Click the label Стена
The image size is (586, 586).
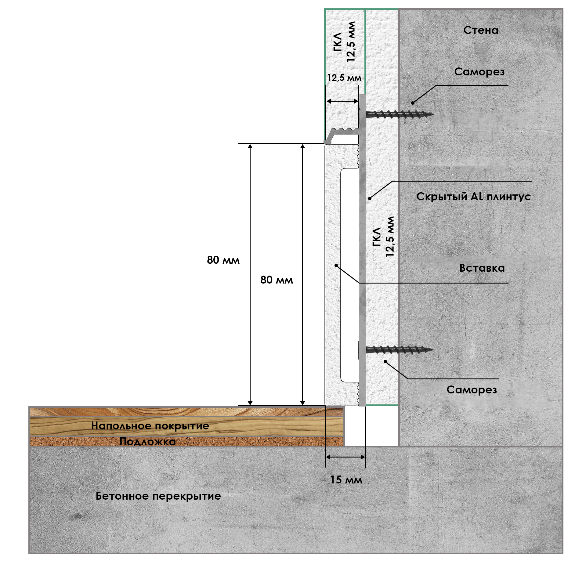pyautogui.click(x=481, y=30)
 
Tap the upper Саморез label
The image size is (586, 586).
pyautogui.click(x=479, y=72)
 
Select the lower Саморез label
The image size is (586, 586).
pyautogui.click(x=472, y=390)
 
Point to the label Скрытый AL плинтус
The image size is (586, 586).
pyautogui.click(x=473, y=197)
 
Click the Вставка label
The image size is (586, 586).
pyautogui.click(x=482, y=268)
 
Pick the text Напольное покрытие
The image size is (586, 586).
pyautogui.click(x=150, y=426)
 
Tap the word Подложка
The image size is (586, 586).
pyautogui.click(x=148, y=442)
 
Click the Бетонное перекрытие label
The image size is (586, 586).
pyautogui.click(x=158, y=496)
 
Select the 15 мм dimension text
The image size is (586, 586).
pyautogui.click(x=346, y=480)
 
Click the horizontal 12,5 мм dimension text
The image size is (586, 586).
pyautogui.click(x=344, y=78)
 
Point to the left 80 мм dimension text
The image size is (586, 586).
pyautogui.click(x=223, y=260)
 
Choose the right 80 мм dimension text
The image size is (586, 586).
pyautogui.click(x=277, y=280)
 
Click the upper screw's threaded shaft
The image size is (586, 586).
pyautogui.click(x=400, y=115)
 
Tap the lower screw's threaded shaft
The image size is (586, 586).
pyautogui.click(x=400, y=350)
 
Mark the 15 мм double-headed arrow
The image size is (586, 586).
pyautogui.click(x=345, y=457)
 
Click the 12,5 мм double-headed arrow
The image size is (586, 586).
pyautogui.click(x=342, y=101)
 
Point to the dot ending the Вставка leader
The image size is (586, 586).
pyautogui.click(x=336, y=265)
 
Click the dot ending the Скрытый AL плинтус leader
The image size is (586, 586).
pyautogui.click(x=370, y=198)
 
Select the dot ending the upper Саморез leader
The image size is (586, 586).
pyautogui.click(x=413, y=103)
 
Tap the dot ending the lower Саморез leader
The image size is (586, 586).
pyautogui.click(x=385, y=361)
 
